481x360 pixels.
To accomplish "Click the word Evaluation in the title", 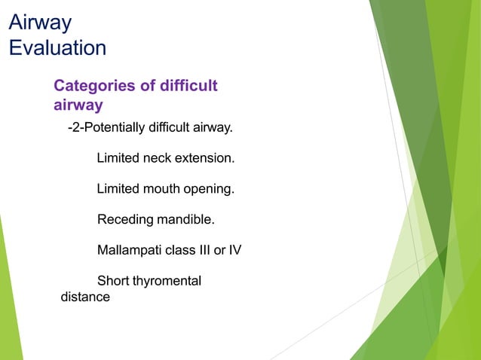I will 57,48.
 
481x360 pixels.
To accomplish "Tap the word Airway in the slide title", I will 40,23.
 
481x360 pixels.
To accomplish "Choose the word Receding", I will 125,220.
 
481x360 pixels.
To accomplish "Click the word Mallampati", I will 129,250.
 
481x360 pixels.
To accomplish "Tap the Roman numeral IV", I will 234,250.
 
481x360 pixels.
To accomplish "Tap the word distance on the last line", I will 85,297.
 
